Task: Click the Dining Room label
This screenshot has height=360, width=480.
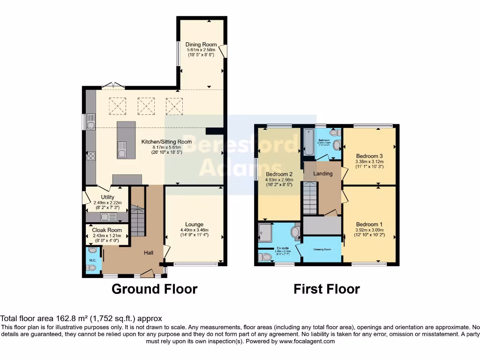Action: (x=201, y=45)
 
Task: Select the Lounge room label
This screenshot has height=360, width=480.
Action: (x=194, y=224)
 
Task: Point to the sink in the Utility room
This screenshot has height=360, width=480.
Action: (x=108, y=217)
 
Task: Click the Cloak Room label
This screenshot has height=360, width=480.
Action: (x=107, y=230)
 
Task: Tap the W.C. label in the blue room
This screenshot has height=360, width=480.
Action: (x=92, y=260)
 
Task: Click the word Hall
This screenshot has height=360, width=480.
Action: (x=148, y=253)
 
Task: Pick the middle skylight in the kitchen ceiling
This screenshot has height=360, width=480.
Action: (x=146, y=105)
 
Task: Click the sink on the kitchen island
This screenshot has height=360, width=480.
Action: (x=122, y=151)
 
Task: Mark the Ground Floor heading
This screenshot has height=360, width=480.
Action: (x=154, y=289)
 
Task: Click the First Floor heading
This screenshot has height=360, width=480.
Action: (x=326, y=289)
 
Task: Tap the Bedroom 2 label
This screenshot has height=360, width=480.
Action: (x=278, y=173)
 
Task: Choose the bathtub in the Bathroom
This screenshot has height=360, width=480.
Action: (x=309, y=143)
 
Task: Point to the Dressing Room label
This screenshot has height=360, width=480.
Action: (x=322, y=249)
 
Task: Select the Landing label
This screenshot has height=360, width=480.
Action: (x=323, y=173)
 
